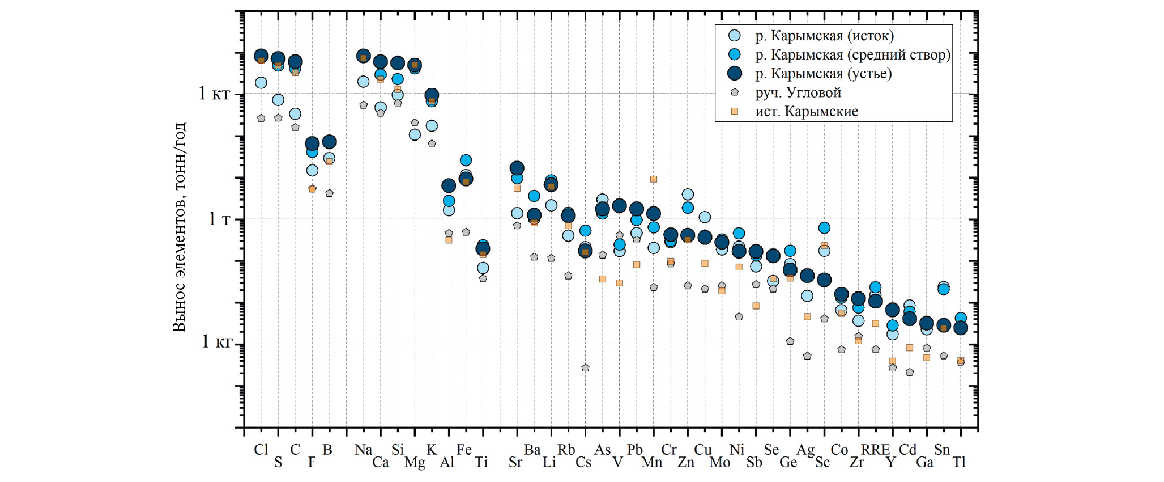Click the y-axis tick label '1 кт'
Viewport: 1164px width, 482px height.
click(x=214, y=93)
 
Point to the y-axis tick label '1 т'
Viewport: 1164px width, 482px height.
click(x=219, y=218)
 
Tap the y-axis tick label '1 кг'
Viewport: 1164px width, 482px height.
click(x=217, y=341)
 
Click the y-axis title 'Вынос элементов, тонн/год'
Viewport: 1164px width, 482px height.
click(x=179, y=227)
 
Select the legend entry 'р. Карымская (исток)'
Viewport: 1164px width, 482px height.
click(x=824, y=36)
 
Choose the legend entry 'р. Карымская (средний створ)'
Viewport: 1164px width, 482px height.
click(x=852, y=54)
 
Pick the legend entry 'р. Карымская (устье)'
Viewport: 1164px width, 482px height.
click(x=823, y=73)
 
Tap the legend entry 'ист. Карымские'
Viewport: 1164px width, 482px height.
click(x=806, y=111)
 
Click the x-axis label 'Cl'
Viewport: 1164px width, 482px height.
click(x=261, y=450)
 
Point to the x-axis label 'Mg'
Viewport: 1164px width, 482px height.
click(x=415, y=463)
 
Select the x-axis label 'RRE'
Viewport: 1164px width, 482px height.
click(x=875, y=450)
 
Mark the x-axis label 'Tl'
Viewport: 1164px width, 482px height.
click(x=959, y=463)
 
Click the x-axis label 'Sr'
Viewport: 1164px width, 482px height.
click(x=515, y=463)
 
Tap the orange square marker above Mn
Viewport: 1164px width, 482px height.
click(x=653, y=179)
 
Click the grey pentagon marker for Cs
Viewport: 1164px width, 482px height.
click(x=585, y=368)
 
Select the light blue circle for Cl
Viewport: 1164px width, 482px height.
click(x=261, y=83)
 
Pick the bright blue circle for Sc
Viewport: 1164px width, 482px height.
click(x=824, y=228)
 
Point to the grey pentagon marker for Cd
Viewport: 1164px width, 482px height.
click(x=910, y=373)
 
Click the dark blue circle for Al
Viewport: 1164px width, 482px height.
click(x=449, y=185)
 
